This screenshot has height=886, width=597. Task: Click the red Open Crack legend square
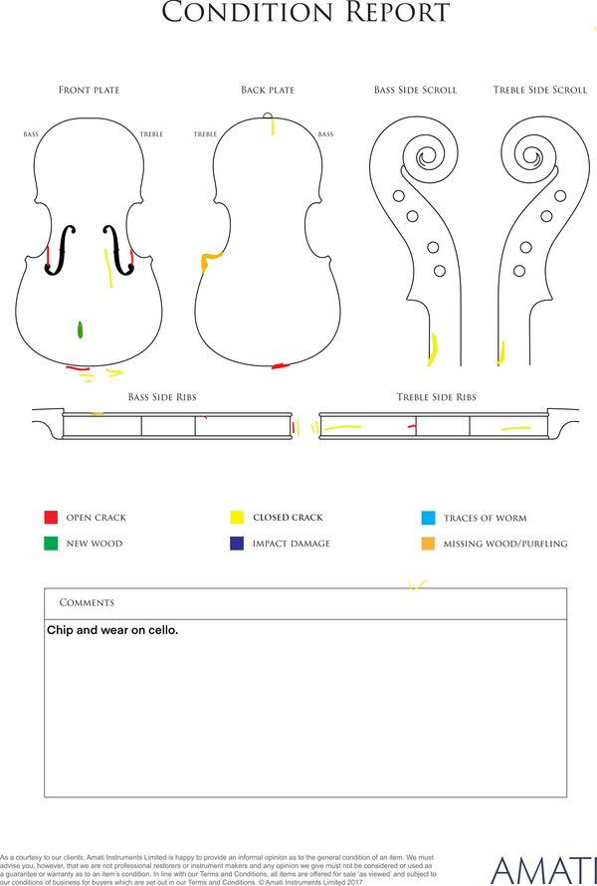point(51,517)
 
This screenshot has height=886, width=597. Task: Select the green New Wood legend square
point(51,543)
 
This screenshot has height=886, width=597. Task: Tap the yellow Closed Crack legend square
point(237,517)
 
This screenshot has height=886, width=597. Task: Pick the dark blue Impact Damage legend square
point(237,543)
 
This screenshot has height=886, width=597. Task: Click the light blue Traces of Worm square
point(428,518)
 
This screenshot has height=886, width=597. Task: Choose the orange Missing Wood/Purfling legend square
point(428,544)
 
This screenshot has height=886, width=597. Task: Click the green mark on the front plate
point(81,330)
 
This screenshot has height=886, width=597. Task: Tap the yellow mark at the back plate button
point(273,127)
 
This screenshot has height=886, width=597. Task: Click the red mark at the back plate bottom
point(281,366)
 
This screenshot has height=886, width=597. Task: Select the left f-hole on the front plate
point(61,250)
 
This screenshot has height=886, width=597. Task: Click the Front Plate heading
point(90,90)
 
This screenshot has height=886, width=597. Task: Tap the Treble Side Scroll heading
point(540,90)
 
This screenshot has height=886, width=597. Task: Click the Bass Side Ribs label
point(162,397)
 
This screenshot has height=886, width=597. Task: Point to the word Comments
point(87,603)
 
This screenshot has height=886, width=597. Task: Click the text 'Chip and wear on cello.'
point(112,630)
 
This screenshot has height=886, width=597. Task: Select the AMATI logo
point(543,871)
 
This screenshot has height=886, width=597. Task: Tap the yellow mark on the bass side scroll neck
point(433,349)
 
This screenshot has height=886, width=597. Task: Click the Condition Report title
point(305,12)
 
